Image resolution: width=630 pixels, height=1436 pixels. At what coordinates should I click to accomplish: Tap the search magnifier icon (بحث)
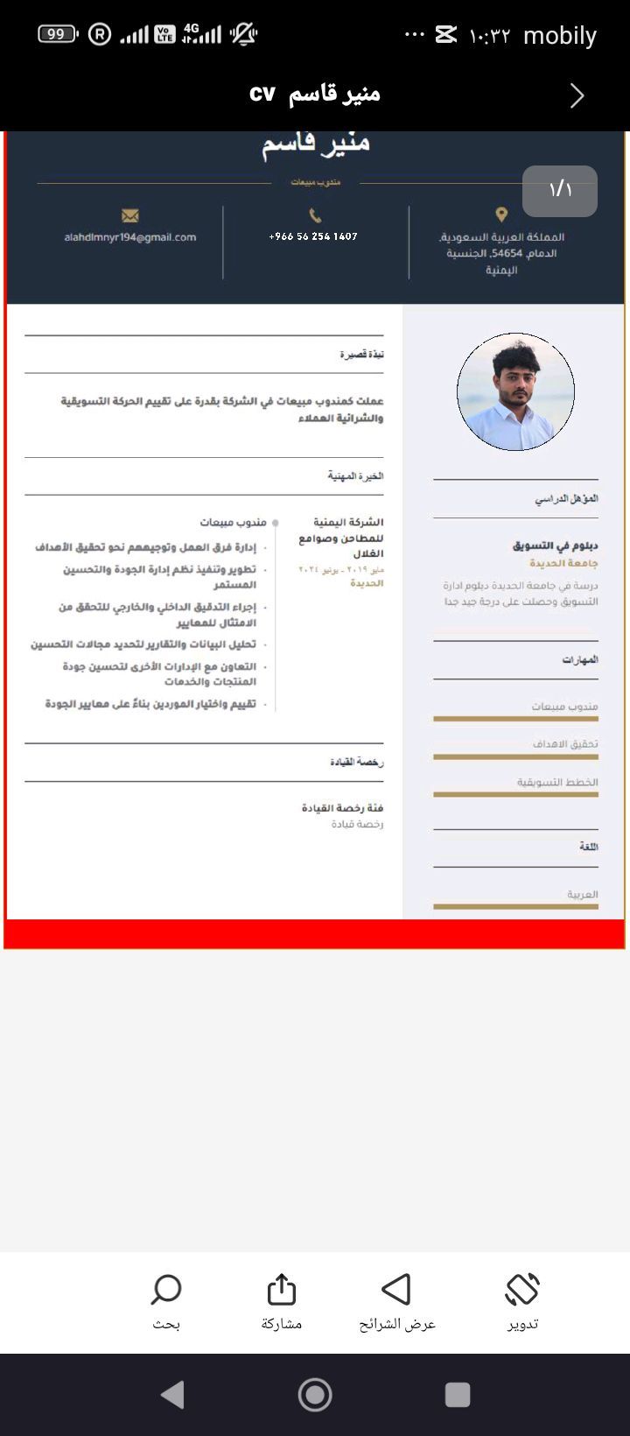pyautogui.click(x=166, y=1290)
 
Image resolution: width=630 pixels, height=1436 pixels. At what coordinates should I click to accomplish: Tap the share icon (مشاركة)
pyautogui.click(x=282, y=1290)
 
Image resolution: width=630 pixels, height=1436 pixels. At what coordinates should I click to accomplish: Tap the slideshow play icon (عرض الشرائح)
pyautogui.click(x=396, y=1290)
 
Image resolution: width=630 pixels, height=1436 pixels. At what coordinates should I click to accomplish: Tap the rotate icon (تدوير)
pyautogui.click(x=522, y=1290)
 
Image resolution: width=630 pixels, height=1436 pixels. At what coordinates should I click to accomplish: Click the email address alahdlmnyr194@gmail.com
pyautogui.click(x=130, y=237)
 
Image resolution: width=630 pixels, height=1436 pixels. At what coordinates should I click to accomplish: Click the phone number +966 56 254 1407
pyautogui.click(x=313, y=236)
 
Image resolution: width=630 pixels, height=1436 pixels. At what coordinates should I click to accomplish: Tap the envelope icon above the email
pyautogui.click(x=130, y=215)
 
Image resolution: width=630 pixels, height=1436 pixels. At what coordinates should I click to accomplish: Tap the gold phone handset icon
pyautogui.click(x=315, y=215)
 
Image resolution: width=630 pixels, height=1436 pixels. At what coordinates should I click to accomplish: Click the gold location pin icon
pyautogui.click(x=501, y=215)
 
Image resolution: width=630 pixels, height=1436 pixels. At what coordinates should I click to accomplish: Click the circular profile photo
pyautogui.click(x=515, y=391)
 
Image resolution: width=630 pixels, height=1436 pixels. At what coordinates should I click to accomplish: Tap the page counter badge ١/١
pyautogui.click(x=560, y=190)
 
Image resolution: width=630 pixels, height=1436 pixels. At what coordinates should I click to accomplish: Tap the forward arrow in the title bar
pyautogui.click(x=577, y=95)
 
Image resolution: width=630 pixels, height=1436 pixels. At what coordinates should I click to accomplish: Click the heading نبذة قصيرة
pyautogui.click(x=361, y=355)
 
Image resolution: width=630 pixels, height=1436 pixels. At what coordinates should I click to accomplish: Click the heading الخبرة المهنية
pyautogui.click(x=355, y=476)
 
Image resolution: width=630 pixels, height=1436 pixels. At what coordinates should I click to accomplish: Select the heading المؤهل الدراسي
pyautogui.click(x=567, y=499)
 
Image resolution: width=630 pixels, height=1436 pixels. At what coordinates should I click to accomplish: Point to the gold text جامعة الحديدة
pyautogui.click(x=563, y=564)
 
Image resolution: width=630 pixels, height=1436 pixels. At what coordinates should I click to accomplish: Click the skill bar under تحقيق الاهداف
pyautogui.click(x=515, y=757)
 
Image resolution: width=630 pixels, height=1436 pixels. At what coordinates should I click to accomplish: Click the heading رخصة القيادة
pyautogui.click(x=357, y=763)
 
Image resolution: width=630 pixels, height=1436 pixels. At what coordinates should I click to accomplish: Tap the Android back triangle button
pyautogui.click(x=173, y=1395)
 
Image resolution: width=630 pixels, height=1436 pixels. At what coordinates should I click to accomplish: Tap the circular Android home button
pyautogui.click(x=315, y=1395)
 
